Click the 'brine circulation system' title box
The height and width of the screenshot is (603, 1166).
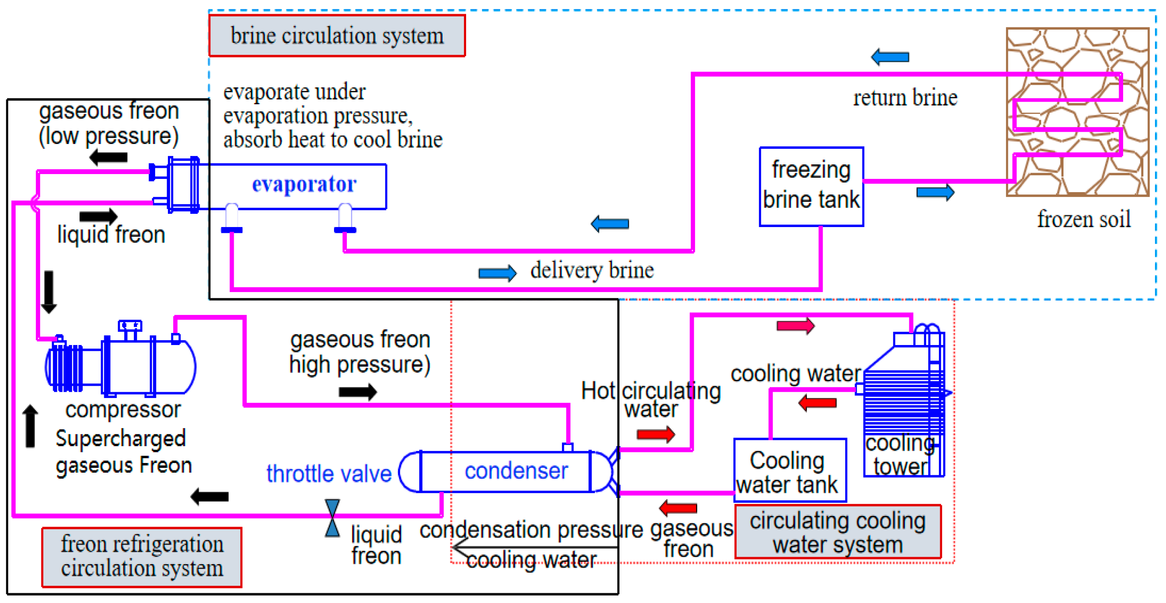pyautogui.click(x=337, y=36)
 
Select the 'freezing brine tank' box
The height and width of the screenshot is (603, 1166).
pyautogui.click(x=811, y=186)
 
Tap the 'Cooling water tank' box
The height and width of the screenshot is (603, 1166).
pyautogui.click(x=790, y=471)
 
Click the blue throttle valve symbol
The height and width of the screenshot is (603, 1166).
pyautogui.click(x=332, y=518)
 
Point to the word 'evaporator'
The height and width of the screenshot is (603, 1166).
pyautogui.click(x=304, y=184)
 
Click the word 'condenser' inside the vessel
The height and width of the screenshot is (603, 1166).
pyautogui.click(x=516, y=471)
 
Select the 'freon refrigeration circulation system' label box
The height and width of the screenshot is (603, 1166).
pyautogui.click(x=142, y=556)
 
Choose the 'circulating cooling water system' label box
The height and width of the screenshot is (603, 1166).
pyautogui.click(x=837, y=532)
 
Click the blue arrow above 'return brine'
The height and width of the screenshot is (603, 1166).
pyautogui.click(x=889, y=57)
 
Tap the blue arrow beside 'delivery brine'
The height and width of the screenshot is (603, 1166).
pyautogui.click(x=497, y=273)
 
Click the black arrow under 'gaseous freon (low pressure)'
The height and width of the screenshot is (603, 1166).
pyautogui.click(x=108, y=158)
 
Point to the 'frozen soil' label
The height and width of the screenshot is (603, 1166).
pyautogui.click(x=1083, y=220)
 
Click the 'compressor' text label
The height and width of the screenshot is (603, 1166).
pyautogui.click(x=123, y=410)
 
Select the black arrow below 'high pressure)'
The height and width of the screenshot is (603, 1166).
pyautogui.click(x=357, y=391)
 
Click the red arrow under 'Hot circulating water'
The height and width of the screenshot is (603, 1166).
pyautogui.click(x=655, y=435)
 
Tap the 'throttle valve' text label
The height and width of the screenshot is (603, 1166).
pyautogui.click(x=329, y=474)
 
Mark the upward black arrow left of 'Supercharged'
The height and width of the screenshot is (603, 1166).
pyautogui.click(x=30, y=426)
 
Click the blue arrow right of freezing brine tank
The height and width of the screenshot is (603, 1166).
pyautogui.click(x=935, y=193)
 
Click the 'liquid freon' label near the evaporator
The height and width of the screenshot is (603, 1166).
pyautogui.click(x=111, y=235)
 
